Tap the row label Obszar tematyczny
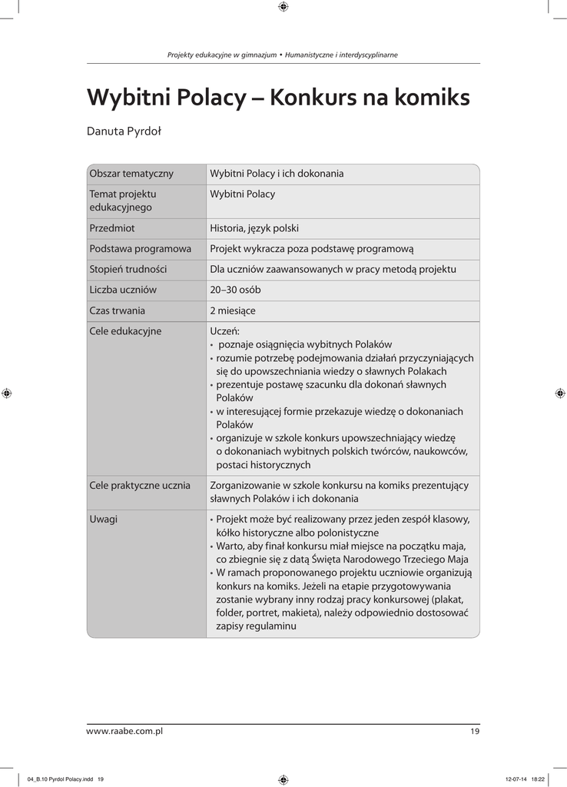[131, 174]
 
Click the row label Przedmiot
[112, 228]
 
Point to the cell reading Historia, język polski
[254, 228]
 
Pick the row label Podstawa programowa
[140, 249]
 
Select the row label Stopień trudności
[128, 270]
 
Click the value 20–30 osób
[235, 291]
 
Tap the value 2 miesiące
[233, 311]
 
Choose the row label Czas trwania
[117, 311]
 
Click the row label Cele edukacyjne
[125, 332]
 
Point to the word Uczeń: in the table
[224, 332]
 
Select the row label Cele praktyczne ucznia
[140, 486]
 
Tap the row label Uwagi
[104, 520]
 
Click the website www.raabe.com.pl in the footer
[124, 732]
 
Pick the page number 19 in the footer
[475, 732]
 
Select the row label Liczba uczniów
[123, 291]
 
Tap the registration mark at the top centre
[283, 7]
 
